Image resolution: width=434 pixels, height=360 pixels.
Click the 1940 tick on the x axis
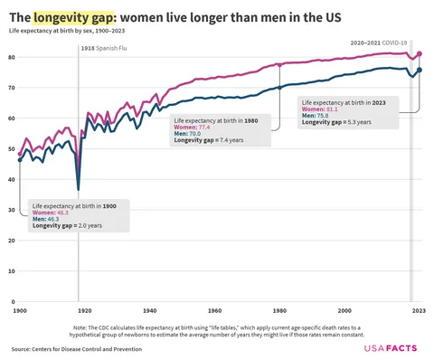tap(149, 310)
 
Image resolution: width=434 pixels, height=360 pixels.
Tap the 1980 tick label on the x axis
tap(279, 310)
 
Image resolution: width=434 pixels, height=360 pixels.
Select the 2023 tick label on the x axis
tap(419, 310)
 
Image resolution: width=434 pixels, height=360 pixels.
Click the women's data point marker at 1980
tap(279, 65)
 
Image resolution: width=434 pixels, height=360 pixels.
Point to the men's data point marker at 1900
tap(20, 160)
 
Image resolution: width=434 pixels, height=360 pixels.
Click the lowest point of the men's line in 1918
tap(79, 189)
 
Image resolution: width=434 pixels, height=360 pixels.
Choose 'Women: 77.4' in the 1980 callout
tap(193, 128)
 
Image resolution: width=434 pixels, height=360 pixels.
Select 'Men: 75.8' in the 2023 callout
tap(316, 115)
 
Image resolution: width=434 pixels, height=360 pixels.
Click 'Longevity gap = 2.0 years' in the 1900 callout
tap(67, 225)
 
